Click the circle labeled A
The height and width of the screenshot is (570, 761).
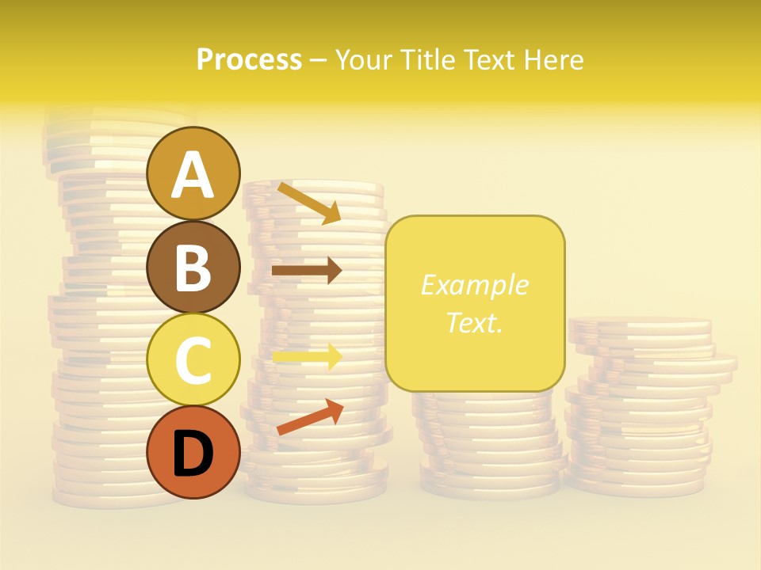[x=193, y=173]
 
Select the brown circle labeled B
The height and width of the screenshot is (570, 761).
[x=193, y=267]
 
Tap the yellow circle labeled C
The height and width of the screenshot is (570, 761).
[x=193, y=359]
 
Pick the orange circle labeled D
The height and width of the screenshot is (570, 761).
[x=193, y=452]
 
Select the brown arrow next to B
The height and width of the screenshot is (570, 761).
[x=307, y=271]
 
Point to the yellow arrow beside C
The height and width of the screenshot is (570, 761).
[x=307, y=357]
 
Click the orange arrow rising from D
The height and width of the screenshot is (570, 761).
[x=310, y=418]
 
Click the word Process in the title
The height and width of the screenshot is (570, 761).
[x=249, y=59]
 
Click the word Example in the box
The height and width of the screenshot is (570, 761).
[x=475, y=285]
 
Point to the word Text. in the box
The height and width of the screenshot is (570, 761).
[x=475, y=322]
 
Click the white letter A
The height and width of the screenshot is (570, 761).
[x=193, y=175]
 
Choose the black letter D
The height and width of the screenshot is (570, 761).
[x=193, y=454]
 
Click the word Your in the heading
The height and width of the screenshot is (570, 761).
[x=364, y=59]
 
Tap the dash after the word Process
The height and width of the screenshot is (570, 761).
[x=319, y=60]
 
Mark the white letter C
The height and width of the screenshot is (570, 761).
[x=193, y=360]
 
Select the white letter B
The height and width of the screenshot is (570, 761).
[x=193, y=268]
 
